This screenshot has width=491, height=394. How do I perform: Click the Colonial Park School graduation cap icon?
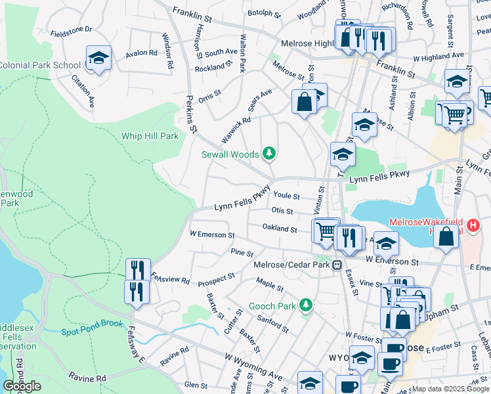tap(98, 59)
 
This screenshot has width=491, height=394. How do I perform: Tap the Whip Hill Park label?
tap(150, 137)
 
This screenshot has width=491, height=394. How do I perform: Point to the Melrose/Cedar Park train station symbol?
tap(337, 265)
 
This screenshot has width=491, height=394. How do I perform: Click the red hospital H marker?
tap(473, 227)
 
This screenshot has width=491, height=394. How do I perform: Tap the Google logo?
tap(22, 386)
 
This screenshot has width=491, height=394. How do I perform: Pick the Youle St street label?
tap(286, 196)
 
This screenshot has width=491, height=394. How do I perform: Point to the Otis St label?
tap(282, 211)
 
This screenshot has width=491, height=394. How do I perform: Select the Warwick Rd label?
tap(236, 130)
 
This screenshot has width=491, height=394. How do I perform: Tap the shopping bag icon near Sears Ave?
tap(304, 102)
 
